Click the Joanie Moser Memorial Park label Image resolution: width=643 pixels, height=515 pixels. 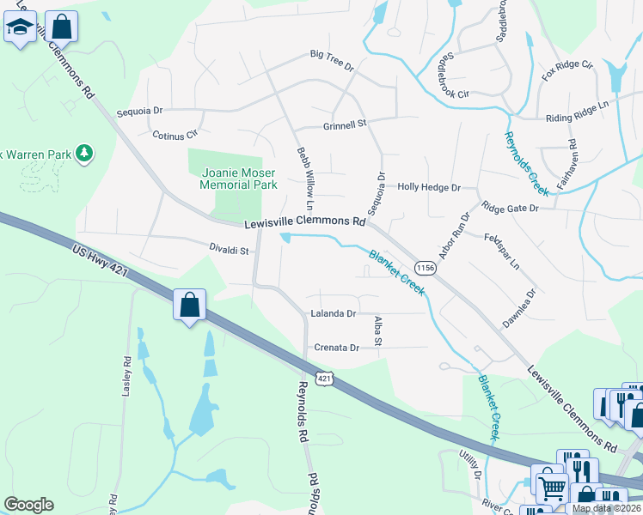pyautogui.click(x=238, y=178)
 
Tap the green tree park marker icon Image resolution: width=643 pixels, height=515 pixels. pyautogui.click(x=84, y=154)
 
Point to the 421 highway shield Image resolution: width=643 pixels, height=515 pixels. pyautogui.click(x=323, y=378)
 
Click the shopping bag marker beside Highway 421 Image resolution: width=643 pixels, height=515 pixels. pyautogui.click(x=189, y=305)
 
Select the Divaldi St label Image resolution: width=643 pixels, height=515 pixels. pyautogui.click(x=230, y=251)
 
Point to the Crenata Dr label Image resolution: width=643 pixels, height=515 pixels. pyautogui.click(x=336, y=348)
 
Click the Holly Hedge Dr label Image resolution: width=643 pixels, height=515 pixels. pyautogui.click(x=429, y=187)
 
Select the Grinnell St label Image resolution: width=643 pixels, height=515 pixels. pyautogui.click(x=345, y=124)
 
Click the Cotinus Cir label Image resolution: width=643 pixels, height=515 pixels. pyautogui.click(x=175, y=135)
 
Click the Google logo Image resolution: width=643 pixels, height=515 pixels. pyautogui.click(x=28, y=505)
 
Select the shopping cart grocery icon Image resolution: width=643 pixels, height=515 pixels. pyautogui.click(x=551, y=487)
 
